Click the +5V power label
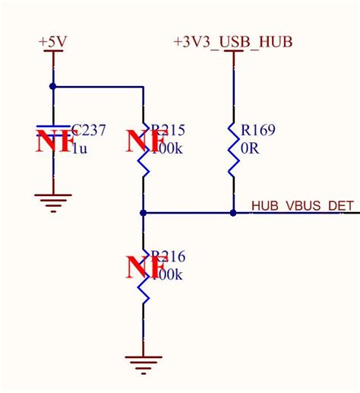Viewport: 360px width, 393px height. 52,43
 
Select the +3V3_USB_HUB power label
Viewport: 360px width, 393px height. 233,41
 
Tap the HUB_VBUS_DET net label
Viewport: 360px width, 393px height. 302,205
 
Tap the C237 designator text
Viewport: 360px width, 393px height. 89,131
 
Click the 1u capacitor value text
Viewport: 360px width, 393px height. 79,148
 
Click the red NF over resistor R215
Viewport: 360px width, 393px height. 146,142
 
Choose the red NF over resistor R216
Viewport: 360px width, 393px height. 146,268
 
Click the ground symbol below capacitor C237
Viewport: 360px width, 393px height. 52,201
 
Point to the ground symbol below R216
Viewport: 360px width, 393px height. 143,364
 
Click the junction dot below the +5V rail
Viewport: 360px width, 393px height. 52,87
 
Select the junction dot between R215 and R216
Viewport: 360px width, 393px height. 143,213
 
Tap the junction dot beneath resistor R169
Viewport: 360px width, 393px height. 232,213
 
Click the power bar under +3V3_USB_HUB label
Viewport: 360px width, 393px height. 232,53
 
